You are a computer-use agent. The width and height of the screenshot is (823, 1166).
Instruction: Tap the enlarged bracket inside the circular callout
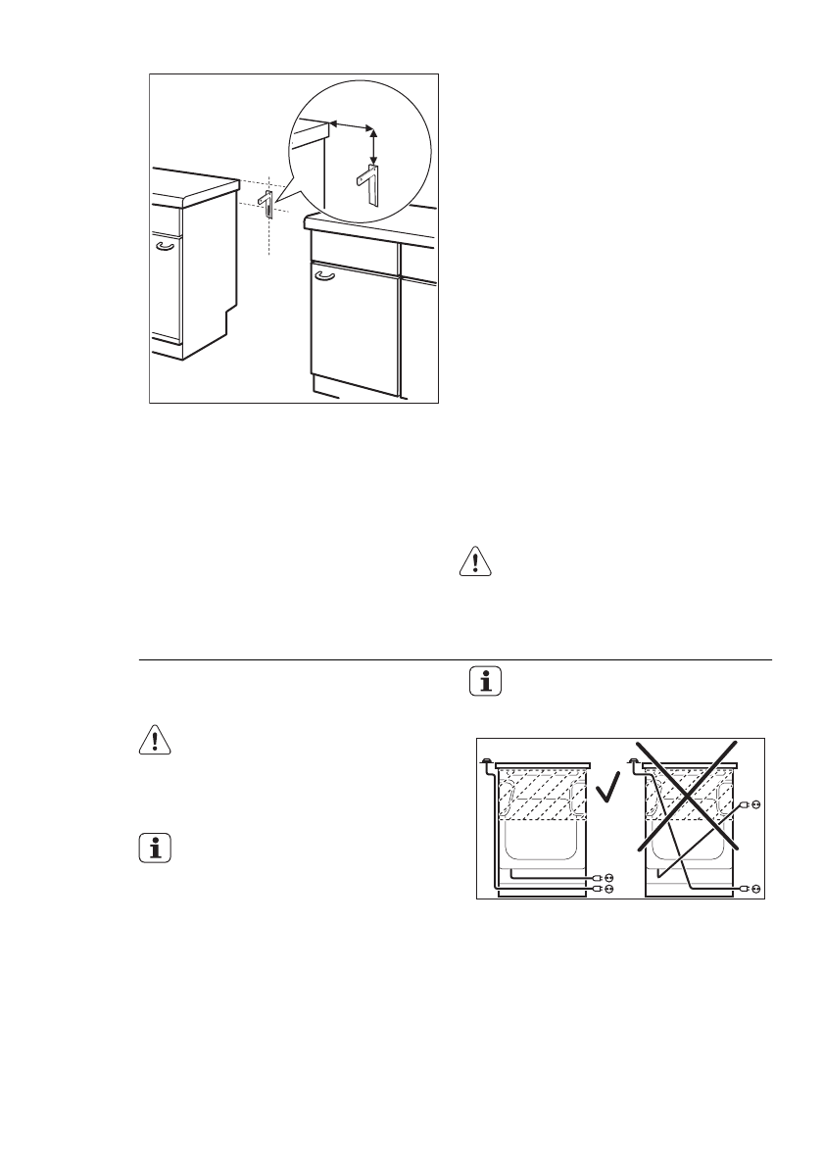(369, 185)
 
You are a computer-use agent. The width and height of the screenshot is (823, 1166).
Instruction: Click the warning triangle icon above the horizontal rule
(473, 561)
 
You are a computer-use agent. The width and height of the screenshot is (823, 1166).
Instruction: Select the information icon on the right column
(486, 682)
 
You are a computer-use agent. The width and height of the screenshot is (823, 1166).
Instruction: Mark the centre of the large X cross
(687, 796)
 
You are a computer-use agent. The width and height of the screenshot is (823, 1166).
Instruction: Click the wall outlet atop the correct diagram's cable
(487, 762)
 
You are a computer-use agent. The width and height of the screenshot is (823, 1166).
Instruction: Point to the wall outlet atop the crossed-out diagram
(634, 761)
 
